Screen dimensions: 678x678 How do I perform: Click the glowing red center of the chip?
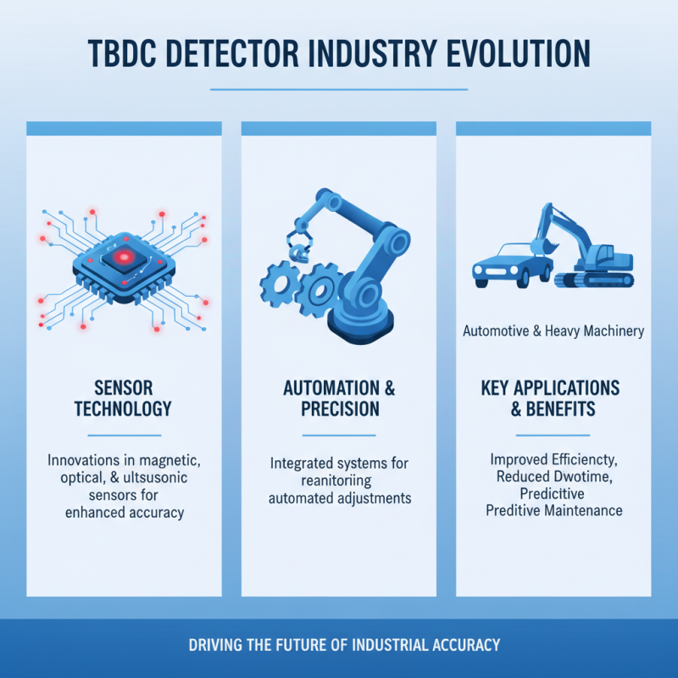tap(124, 257)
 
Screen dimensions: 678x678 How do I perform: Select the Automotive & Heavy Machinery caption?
tap(553, 331)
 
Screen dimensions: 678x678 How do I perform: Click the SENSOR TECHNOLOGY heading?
tap(124, 398)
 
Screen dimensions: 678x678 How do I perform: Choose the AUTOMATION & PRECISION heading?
tap(339, 398)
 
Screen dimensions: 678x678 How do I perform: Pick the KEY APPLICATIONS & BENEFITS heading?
tap(553, 398)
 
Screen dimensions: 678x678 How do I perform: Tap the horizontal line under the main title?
tap(339, 89)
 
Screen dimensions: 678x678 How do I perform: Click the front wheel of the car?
tap(483, 277)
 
